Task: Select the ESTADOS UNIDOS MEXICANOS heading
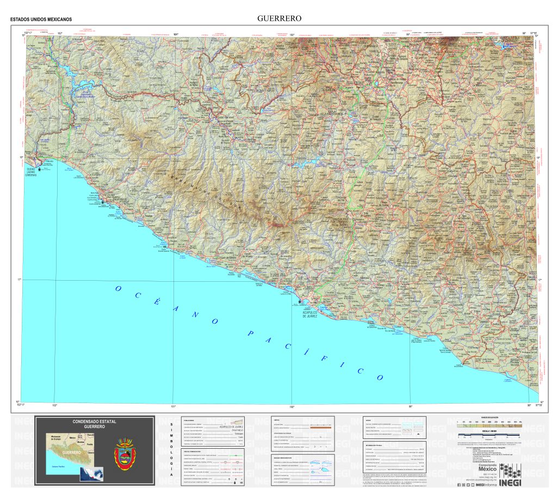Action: point(41,20)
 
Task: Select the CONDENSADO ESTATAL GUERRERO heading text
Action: point(95,424)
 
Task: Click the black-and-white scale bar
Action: point(489,436)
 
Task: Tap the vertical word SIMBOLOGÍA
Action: point(172,451)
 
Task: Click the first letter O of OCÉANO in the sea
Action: point(119,289)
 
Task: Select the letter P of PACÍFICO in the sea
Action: point(249,333)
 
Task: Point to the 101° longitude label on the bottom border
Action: point(174,406)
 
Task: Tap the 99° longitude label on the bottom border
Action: point(411,406)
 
